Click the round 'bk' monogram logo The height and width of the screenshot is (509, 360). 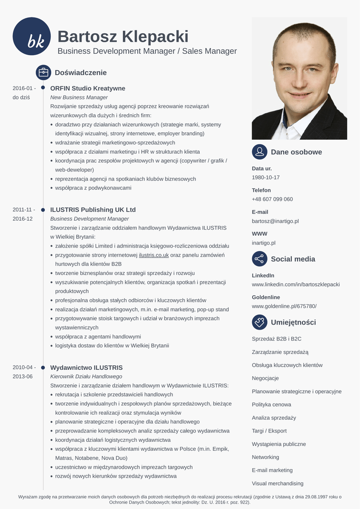click(32, 36)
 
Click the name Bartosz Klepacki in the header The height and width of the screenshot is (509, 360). click(123, 36)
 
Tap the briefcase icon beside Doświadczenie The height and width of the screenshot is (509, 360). click(43, 73)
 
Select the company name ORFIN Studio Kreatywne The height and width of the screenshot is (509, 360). click(88, 88)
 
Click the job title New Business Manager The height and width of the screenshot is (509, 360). click(79, 97)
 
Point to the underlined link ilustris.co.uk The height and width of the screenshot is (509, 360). click(154, 255)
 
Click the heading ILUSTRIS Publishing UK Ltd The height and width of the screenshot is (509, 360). click(93, 210)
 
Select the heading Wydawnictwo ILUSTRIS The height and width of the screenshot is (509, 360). click(87, 368)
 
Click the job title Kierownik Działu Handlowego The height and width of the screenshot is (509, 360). click(86, 377)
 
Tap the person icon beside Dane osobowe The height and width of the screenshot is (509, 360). click(260, 152)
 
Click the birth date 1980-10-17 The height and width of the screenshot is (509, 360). click(266, 177)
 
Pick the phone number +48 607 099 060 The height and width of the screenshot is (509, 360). click(272, 199)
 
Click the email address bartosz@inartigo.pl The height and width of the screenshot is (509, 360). click(275, 221)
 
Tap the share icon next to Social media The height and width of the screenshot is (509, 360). click(260, 259)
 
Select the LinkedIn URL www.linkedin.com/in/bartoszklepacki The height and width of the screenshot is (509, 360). click(296, 285)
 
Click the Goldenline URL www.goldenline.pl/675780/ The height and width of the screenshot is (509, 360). click(284, 306)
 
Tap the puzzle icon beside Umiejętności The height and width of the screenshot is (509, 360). click(260, 322)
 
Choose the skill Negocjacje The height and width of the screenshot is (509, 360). click(266, 378)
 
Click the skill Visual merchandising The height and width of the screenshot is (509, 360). click(277, 484)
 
